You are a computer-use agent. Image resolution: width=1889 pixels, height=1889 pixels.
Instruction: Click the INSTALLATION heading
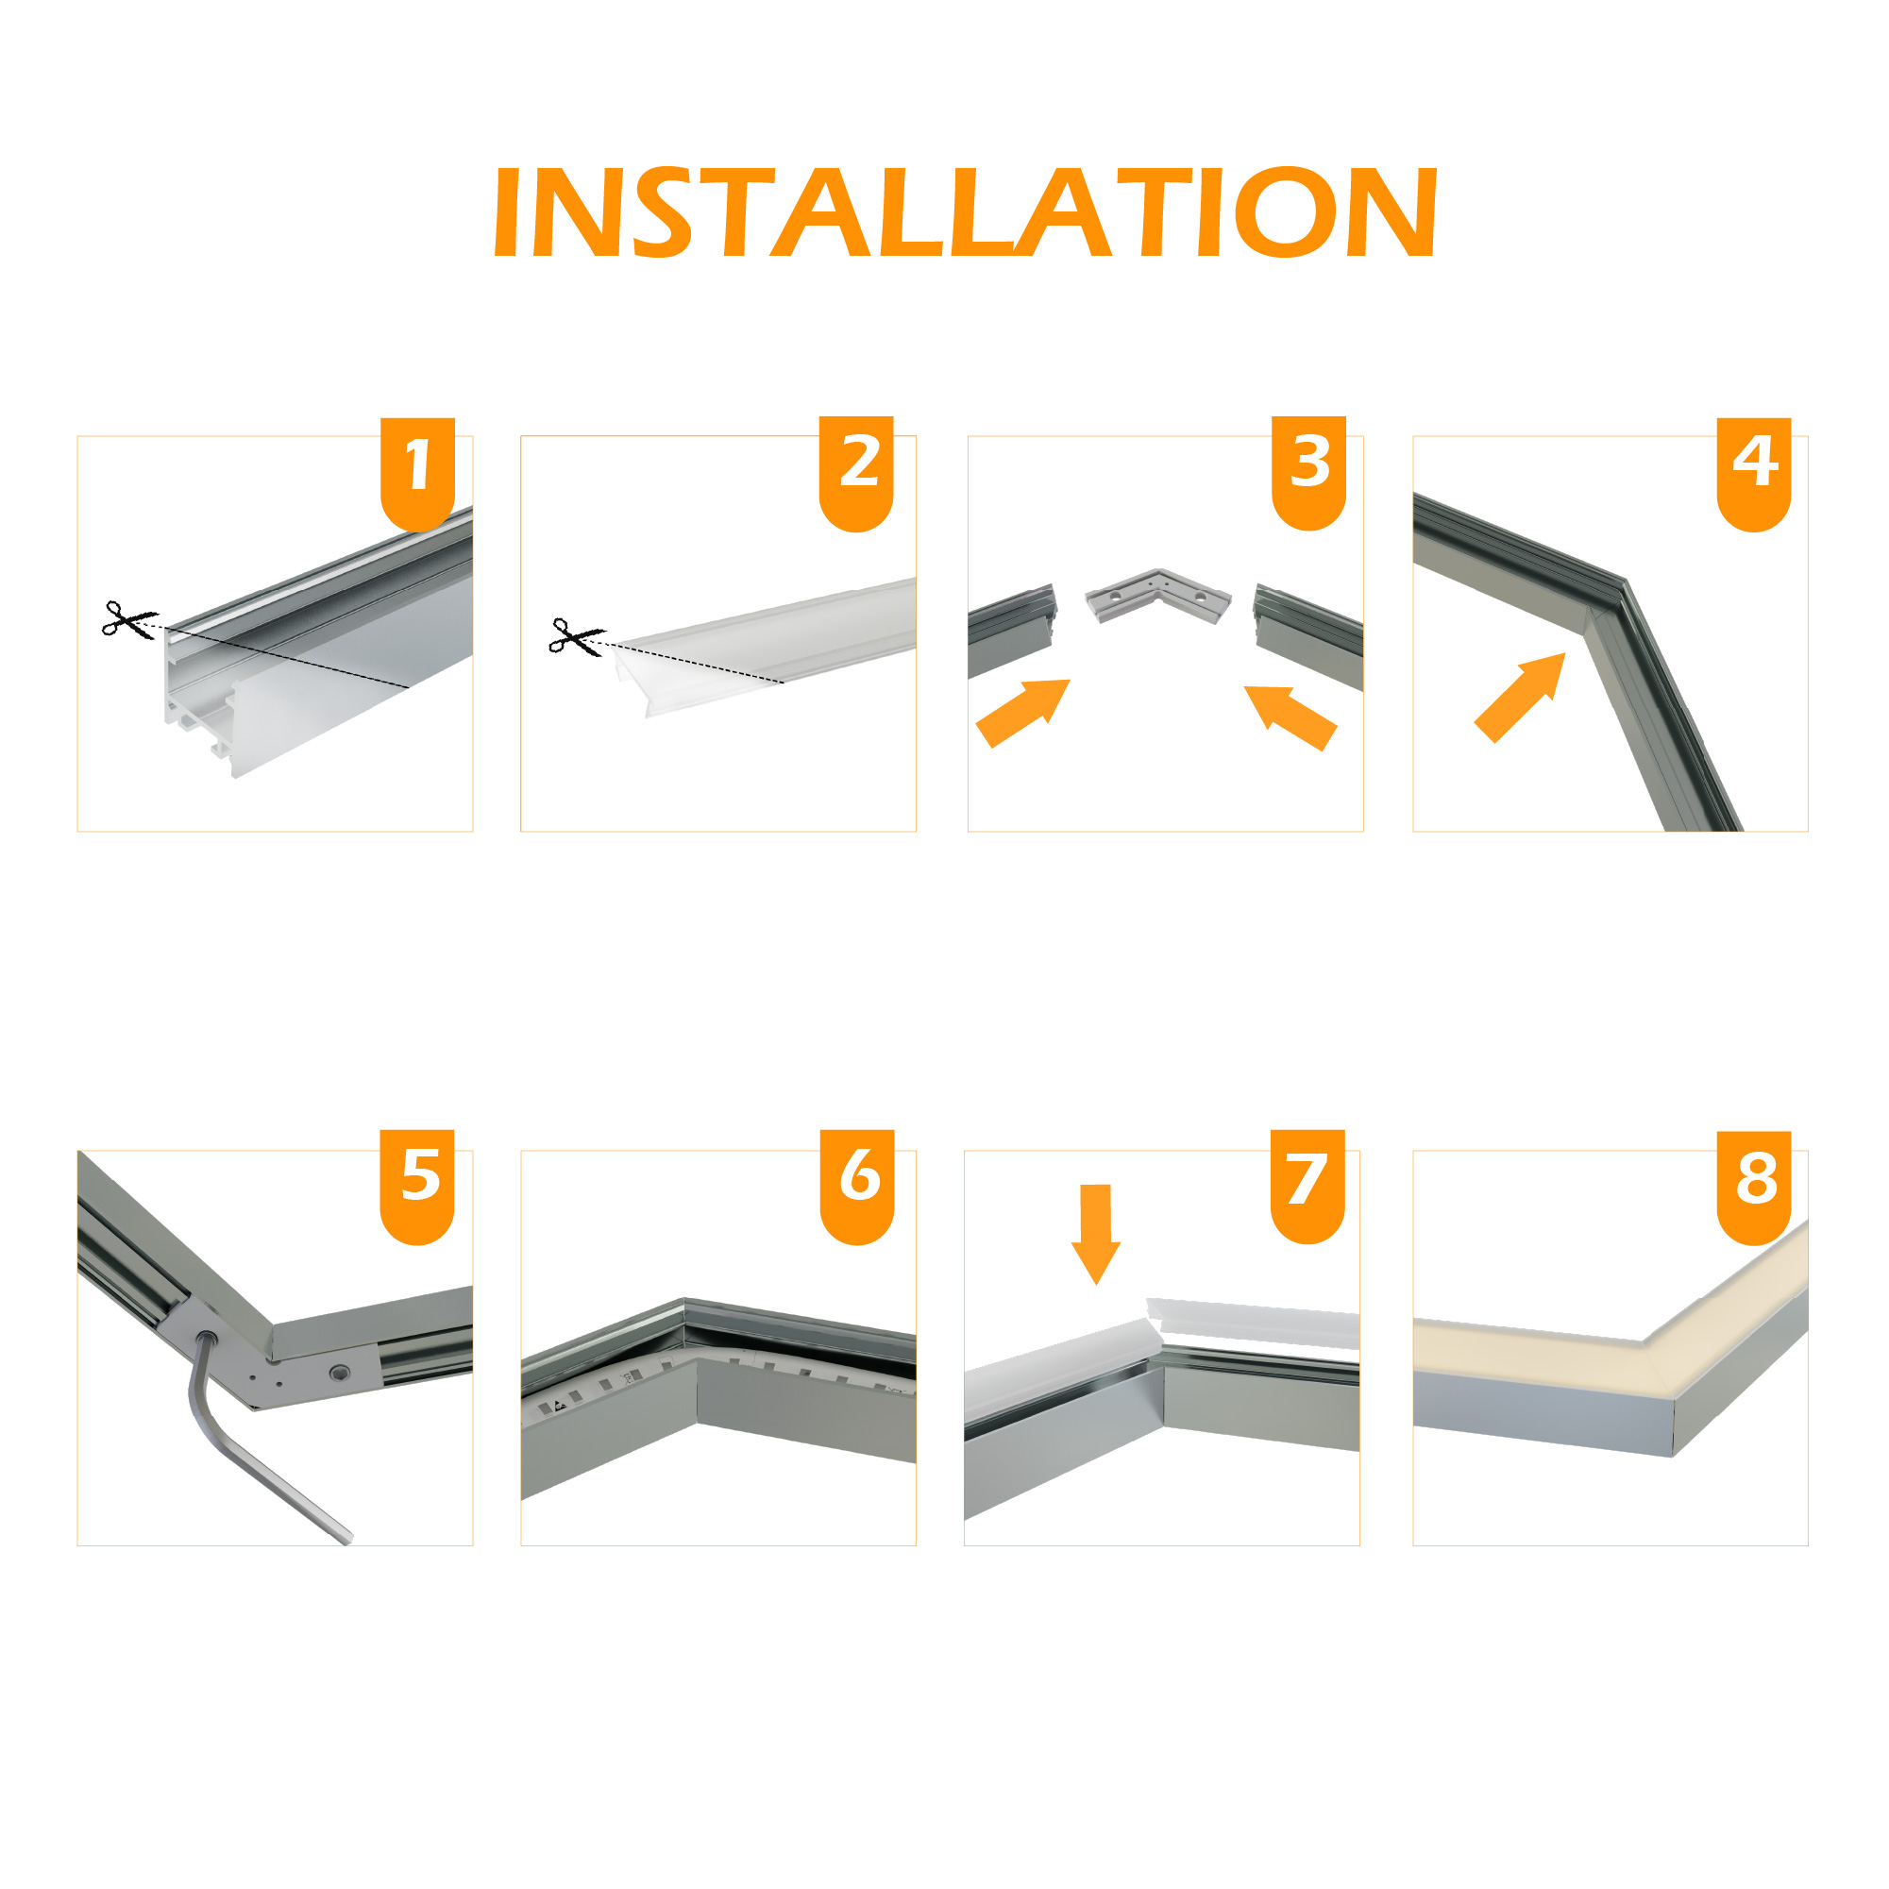[965, 211]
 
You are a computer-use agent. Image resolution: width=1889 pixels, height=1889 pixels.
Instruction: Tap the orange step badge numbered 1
[417, 474]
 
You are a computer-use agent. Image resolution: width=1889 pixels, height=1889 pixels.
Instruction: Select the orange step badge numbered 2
[856, 474]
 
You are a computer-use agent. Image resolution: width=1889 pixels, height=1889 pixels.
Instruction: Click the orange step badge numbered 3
[1309, 473]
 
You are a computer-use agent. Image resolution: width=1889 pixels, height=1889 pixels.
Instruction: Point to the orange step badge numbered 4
[1754, 474]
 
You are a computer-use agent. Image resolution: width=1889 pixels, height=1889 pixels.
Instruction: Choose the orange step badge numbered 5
[417, 1187]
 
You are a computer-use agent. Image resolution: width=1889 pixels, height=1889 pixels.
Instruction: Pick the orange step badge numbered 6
[857, 1187]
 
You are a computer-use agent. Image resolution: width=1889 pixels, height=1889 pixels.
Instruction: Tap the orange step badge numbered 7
[1308, 1187]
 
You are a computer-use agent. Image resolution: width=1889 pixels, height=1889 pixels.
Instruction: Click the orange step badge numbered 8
[1754, 1188]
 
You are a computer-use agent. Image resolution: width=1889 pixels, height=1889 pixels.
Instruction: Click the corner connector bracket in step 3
[1158, 596]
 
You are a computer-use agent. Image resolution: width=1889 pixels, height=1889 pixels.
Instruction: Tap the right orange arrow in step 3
[1290, 717]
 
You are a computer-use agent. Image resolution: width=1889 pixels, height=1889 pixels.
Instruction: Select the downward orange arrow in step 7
[1095, 1234]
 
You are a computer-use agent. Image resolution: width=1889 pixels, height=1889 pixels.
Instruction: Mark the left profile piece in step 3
[1012, 630]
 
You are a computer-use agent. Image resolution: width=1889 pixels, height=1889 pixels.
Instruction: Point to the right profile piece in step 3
[1308, 635]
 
